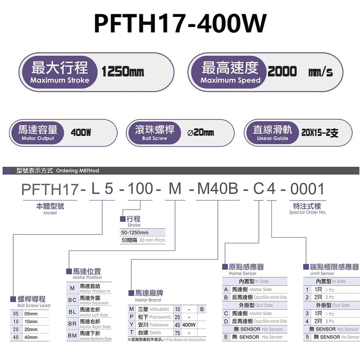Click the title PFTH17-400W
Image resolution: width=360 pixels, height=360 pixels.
tap(180, 23)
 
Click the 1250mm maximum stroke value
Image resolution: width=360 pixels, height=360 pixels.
tap(123, 72)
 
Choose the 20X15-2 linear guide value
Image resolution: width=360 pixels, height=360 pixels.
tap(319, 133)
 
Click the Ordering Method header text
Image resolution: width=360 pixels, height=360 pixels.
tap(58, 171)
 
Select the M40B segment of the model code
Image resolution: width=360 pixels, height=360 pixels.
tap(217, 189)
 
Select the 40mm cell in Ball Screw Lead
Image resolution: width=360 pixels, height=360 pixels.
tap(31, 337)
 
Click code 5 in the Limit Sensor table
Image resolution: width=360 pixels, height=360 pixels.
tap(307, 337)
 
